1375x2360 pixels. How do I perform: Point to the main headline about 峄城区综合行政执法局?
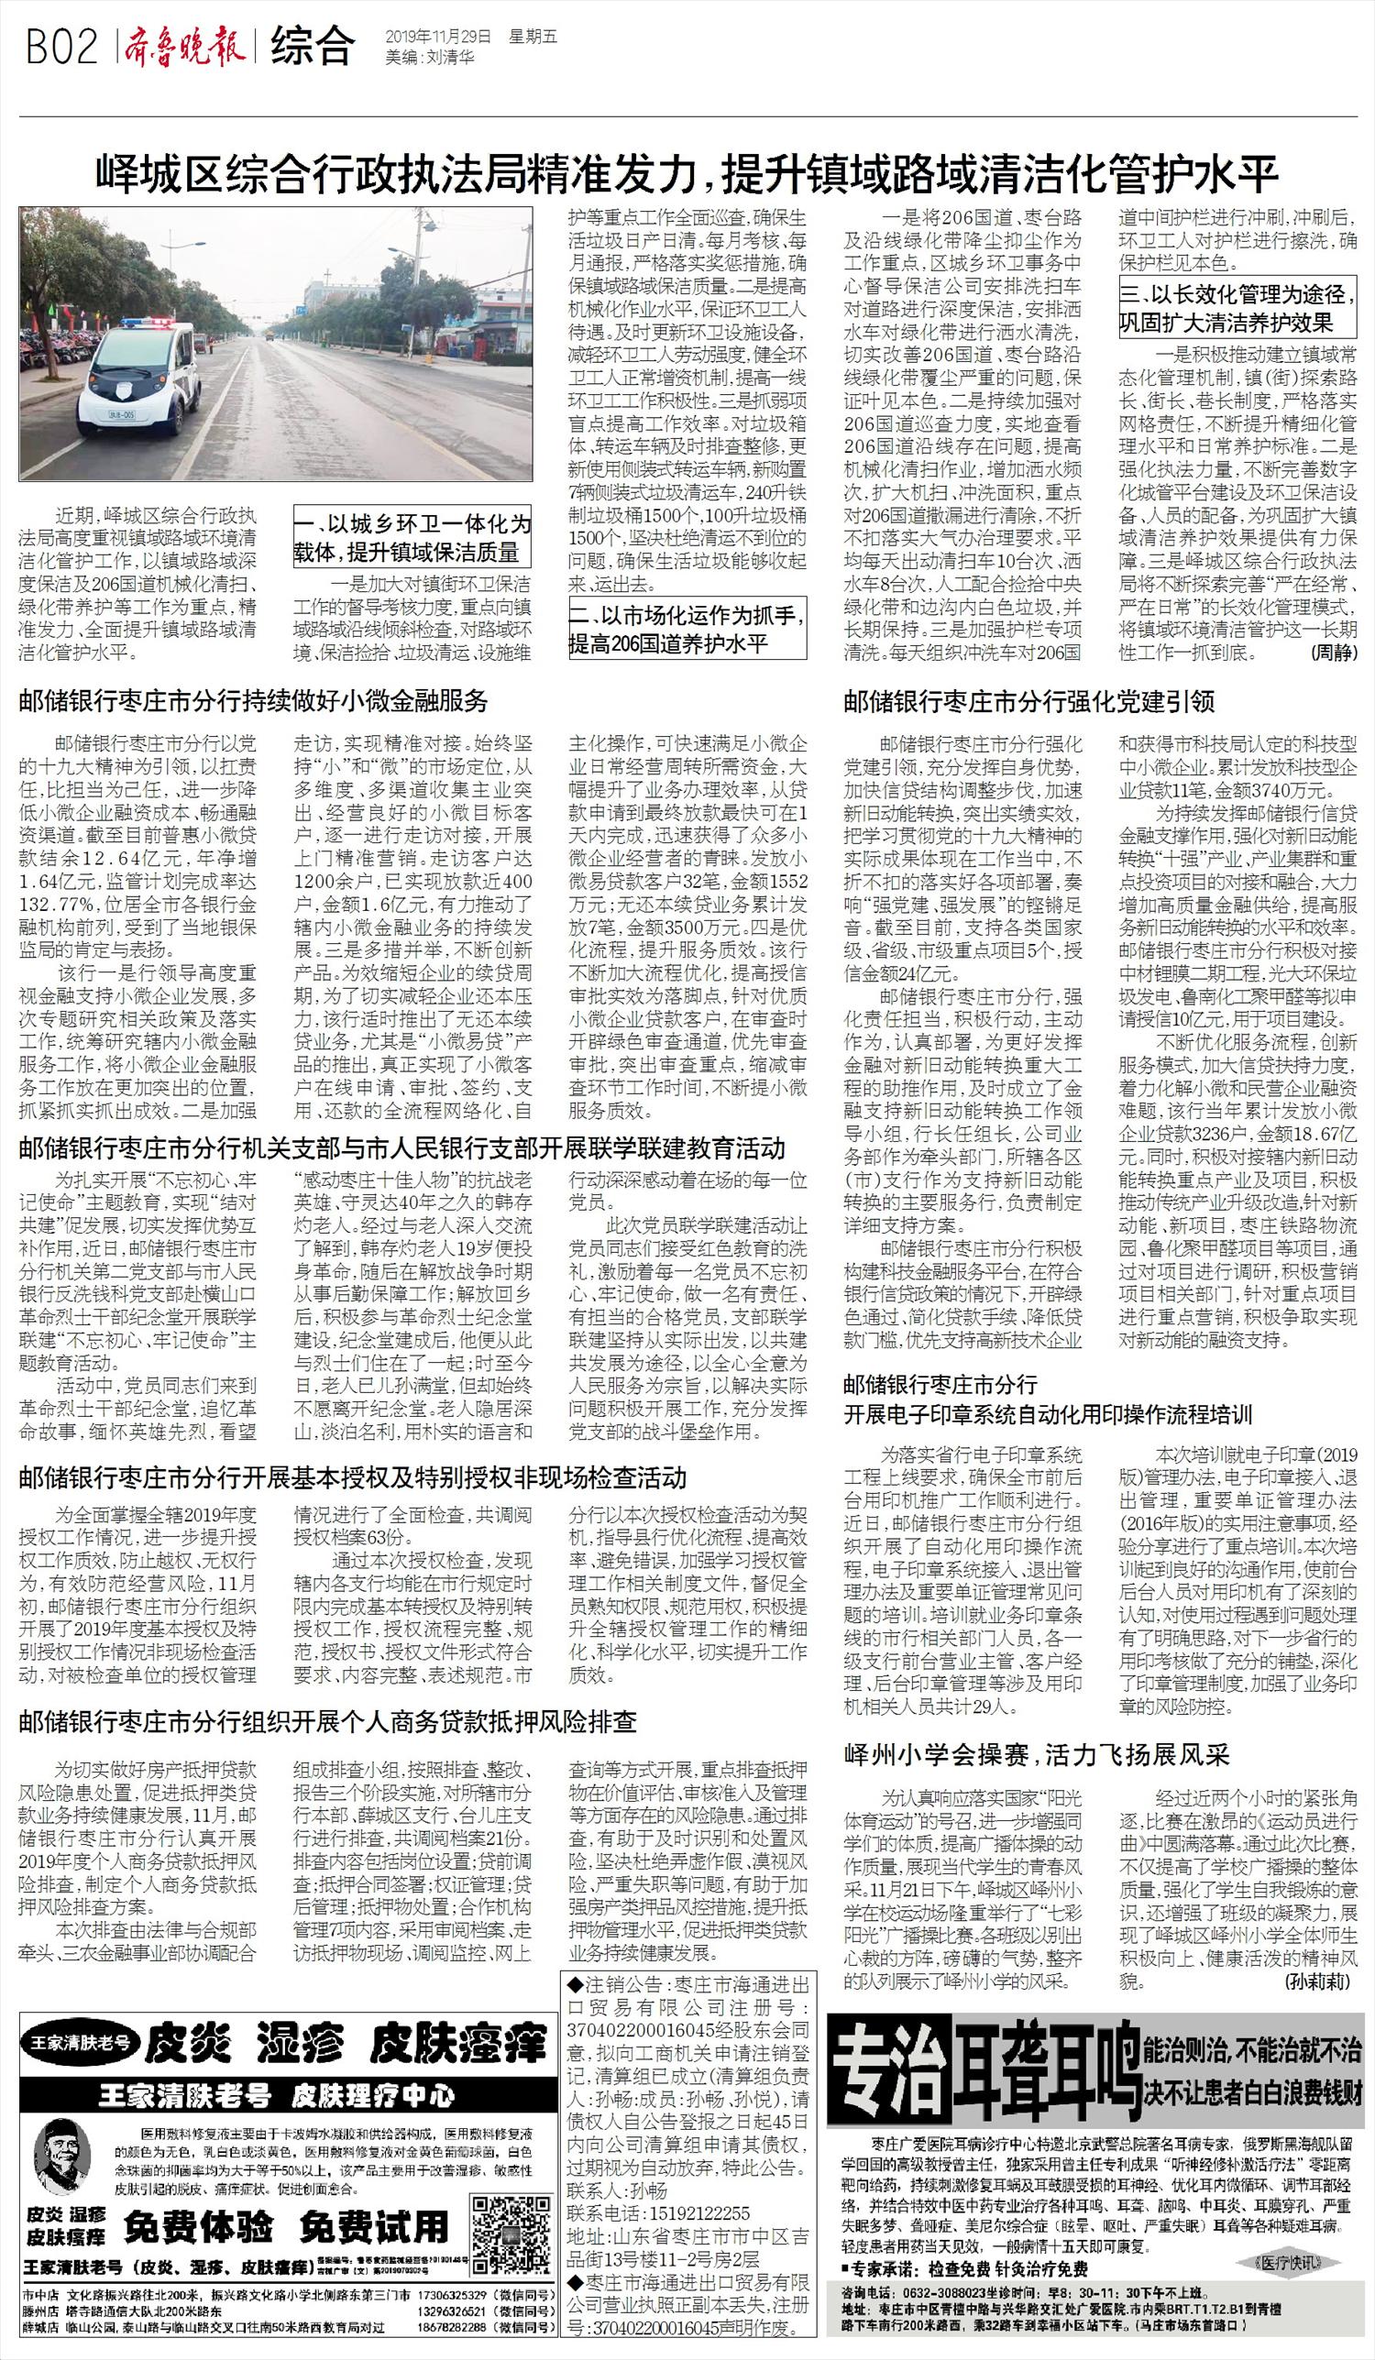tap(687, 174)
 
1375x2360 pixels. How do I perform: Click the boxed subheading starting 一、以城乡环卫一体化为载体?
tap(412, 538)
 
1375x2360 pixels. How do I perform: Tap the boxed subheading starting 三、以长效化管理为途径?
tap(1237, 309)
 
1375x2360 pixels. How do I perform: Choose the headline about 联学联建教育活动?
tap(401, 1147)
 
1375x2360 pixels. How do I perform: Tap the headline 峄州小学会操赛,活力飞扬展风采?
tap(1036, 1754)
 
